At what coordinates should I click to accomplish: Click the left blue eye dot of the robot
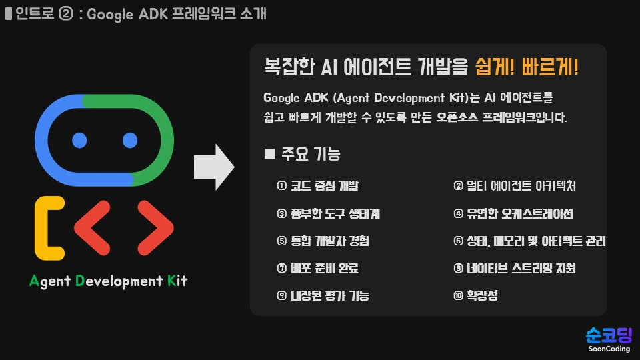click(x=79, y=140)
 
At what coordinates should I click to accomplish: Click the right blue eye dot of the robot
click(x=129, y=140)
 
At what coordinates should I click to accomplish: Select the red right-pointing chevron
click(x=155, y=229)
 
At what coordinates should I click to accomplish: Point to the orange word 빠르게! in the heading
click(x=551, y=67)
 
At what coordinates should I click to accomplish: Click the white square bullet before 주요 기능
click(x=270, y=154)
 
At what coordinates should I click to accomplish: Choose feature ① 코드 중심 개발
click(x=317, y=186)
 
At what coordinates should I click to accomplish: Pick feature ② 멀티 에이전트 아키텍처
click(x=514, y=186)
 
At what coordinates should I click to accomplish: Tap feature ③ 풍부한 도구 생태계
click(x=328, y=214)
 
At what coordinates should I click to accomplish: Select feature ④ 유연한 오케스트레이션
click(x=513, y=214)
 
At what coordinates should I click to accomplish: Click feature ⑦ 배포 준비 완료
click(x=317, y=269)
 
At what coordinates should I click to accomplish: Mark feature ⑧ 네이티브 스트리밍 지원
click(x=514, y=269)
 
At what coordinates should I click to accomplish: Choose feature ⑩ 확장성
click(x=475, y=295)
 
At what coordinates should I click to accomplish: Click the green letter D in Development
click(x=80, y=281)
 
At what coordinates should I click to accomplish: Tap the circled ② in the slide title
click(x=65, y=14)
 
